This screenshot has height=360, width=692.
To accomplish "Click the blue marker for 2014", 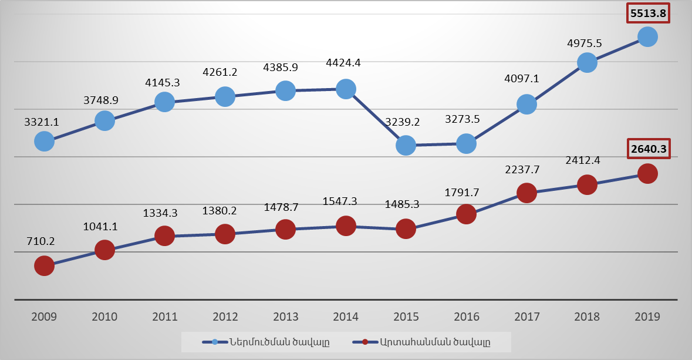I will (x=346, y=89).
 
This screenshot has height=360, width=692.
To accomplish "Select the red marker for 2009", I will (x=44, y=266).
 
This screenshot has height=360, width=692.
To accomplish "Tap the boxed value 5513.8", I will (x=647, y=13).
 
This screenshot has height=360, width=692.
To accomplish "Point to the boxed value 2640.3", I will (x=647, y=149).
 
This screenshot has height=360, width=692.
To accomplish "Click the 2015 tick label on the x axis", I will (x=406, y=317).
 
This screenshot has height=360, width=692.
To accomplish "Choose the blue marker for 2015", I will (x=406, y=145).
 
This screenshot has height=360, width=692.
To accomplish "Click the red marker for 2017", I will (x=526, y=193).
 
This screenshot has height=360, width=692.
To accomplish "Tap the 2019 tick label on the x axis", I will (x=647, y=317).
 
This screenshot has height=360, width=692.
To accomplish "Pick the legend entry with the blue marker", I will (x=266, y=342).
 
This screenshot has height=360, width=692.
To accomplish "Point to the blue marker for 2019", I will (x=647, y=37).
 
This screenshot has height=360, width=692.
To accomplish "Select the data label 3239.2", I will (x=406, y=122).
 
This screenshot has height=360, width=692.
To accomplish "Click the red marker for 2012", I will (x=225, y=234).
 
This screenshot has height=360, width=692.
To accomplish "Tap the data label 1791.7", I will (x=467, y=191).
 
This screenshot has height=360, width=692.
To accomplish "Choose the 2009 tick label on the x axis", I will (x=44, y=317).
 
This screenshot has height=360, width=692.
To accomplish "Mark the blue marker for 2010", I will (x=104, y=121).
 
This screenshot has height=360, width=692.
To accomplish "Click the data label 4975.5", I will (x=587, y=43).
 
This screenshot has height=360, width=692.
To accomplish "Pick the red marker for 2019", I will (x=647, y=174).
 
